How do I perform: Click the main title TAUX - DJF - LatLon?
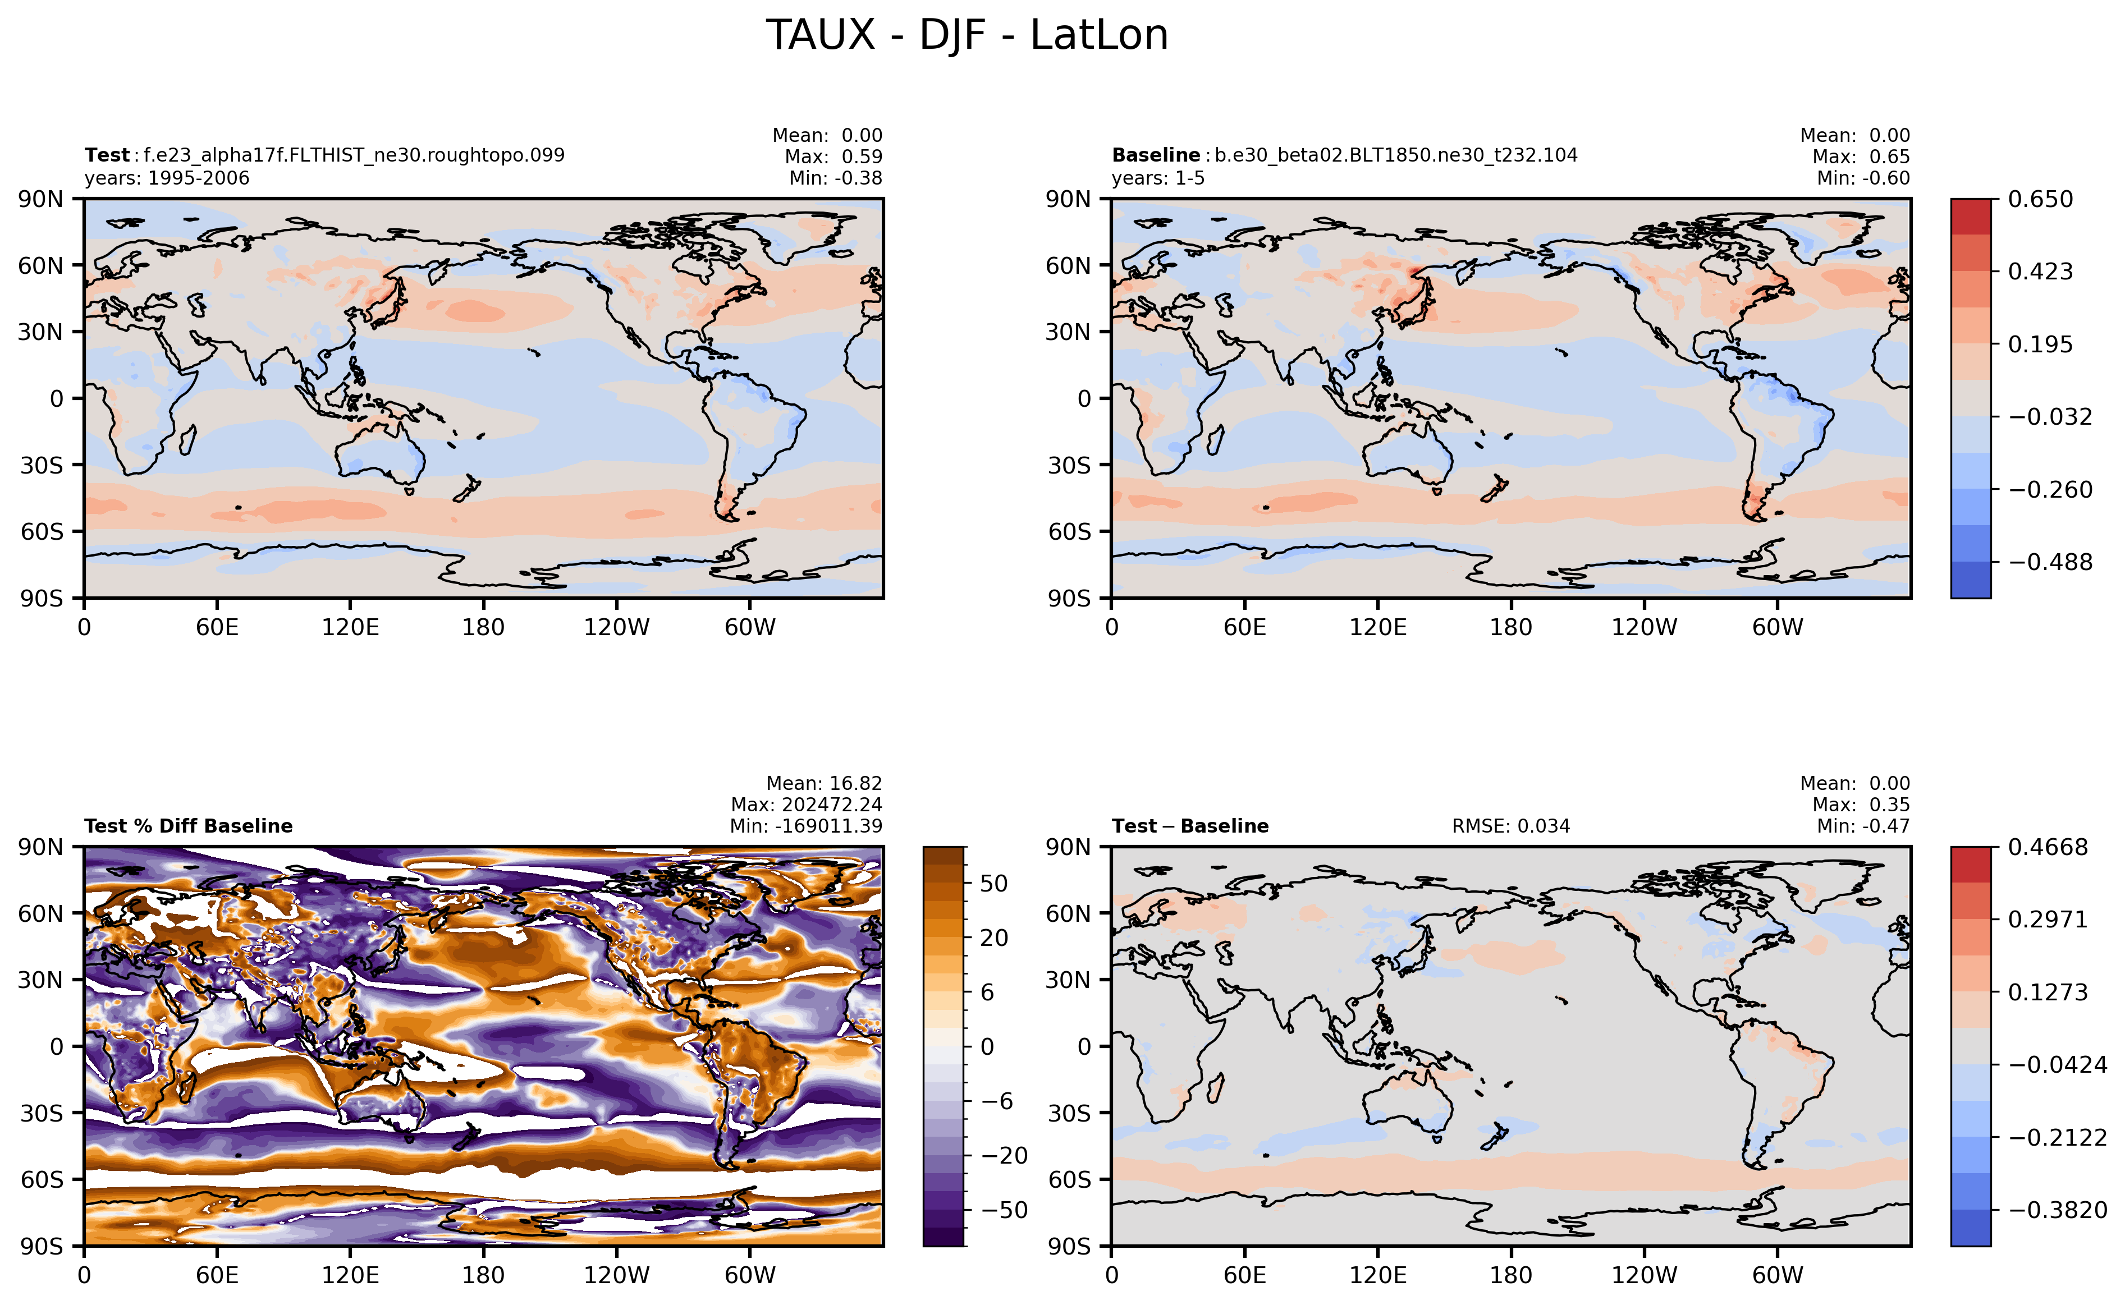(x=967, y=35)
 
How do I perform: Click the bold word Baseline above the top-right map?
(x=1155, y=155)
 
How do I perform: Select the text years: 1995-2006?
(x=167, y=178)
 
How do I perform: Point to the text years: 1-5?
(x=1158, y=178)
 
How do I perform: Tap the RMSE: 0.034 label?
(x=1510, y=826)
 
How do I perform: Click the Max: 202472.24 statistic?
(x=807, y=805)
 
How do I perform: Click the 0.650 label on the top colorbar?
(x=2040, y=199)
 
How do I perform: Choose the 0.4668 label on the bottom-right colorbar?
(x=2048, y=848)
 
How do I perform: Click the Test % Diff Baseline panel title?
(x=188, y=826)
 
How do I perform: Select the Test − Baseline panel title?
(x=1190, y=826)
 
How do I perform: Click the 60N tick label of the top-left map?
(x=40, y=266)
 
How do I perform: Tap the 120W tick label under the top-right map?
(x=1643, y=627)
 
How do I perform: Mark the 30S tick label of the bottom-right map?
(x=1070, y=1113)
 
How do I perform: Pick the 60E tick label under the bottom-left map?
(x=217, y=1276)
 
